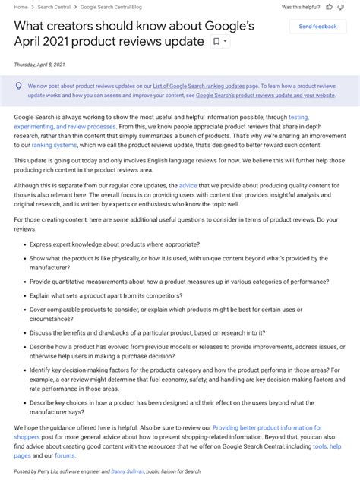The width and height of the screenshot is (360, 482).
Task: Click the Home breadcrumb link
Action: coord(21,7)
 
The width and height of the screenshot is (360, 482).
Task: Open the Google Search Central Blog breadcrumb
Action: coord(111,7)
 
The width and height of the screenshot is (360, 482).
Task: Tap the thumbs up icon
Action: coord(329,7)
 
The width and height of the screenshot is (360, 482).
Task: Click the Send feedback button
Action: coord(317,27)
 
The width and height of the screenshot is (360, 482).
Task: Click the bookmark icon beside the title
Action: coord(216,42)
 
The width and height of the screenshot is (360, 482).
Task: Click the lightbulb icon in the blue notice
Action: coord(18,87)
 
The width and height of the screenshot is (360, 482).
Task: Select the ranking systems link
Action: coord(54,144)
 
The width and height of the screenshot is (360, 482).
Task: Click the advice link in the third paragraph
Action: coord(188,185)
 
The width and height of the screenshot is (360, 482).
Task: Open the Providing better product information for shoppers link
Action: coord(267,427)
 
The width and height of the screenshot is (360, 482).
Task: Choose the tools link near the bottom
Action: coord(320,446)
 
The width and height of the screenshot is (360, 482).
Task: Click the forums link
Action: coord(65,455)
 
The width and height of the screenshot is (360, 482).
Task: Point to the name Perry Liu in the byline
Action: coord(51,472)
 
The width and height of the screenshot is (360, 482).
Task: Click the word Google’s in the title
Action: coord(226,25)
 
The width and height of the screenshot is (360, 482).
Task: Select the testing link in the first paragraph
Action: coord(298,117)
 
